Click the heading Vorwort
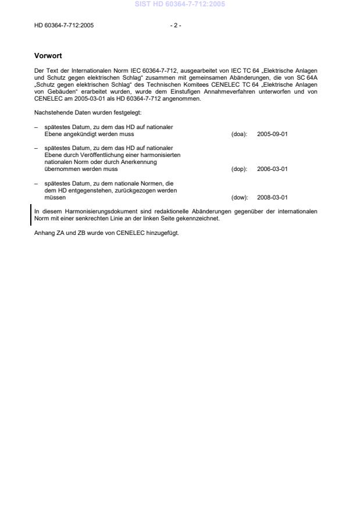(47, 56)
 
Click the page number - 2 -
(175, 26)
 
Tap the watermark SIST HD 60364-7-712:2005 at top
(180, 5)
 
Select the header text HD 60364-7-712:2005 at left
(64, 26)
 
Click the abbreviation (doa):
(239, 134)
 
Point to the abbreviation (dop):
(239, 169)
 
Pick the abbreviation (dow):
(239, 197)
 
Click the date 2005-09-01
(272, 134)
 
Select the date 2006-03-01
(272, 169)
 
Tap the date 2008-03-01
(272, 197)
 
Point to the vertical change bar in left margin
(31, 214)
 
